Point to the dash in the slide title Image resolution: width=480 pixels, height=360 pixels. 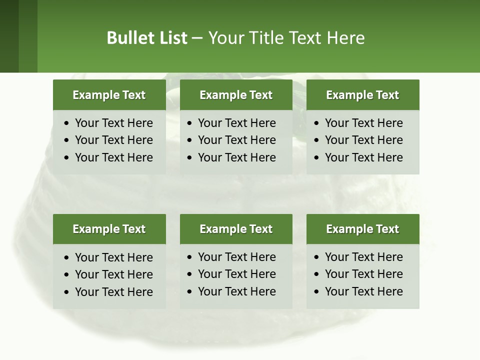pyautogui.click(x=197, y=38)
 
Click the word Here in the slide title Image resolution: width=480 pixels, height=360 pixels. pyautogui.click(x=346, y=38)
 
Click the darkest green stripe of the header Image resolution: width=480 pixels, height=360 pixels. pyautogui.click(x=9, y=36)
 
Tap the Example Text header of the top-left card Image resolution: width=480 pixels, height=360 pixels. pyautogui.click(x=109, y=95)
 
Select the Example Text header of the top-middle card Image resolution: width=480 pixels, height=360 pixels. pyautogui.click(x=236, y=95)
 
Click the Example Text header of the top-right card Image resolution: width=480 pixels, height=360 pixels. pyautogui.click(x=362, y=95)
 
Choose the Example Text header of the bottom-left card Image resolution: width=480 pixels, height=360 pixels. pyautogui.click(x=109, y=229)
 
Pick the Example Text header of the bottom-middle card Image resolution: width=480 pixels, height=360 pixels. pyautogui.click(x=236, y=229)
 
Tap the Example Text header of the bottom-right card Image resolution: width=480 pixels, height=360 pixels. pyautogui.click(x=362, y=229)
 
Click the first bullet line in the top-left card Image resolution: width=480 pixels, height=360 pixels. pyautogui.click(x=113, y=123)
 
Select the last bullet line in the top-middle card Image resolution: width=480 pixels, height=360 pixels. pyautogui.click(x=236, y=157)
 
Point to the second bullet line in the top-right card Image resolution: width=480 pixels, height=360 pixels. pyautogui.click(x=363, y=140)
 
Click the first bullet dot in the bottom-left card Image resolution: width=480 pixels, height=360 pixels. pyautogui.click(x=67, y=258)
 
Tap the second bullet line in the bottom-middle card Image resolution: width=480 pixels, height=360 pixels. pyautogui.click(x=236, y=274)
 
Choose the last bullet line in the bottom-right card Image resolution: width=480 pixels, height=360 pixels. pyautogui.click(x=363, y=291)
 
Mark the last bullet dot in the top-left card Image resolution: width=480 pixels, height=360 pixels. pyautogui.click(x=67, y=158)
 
